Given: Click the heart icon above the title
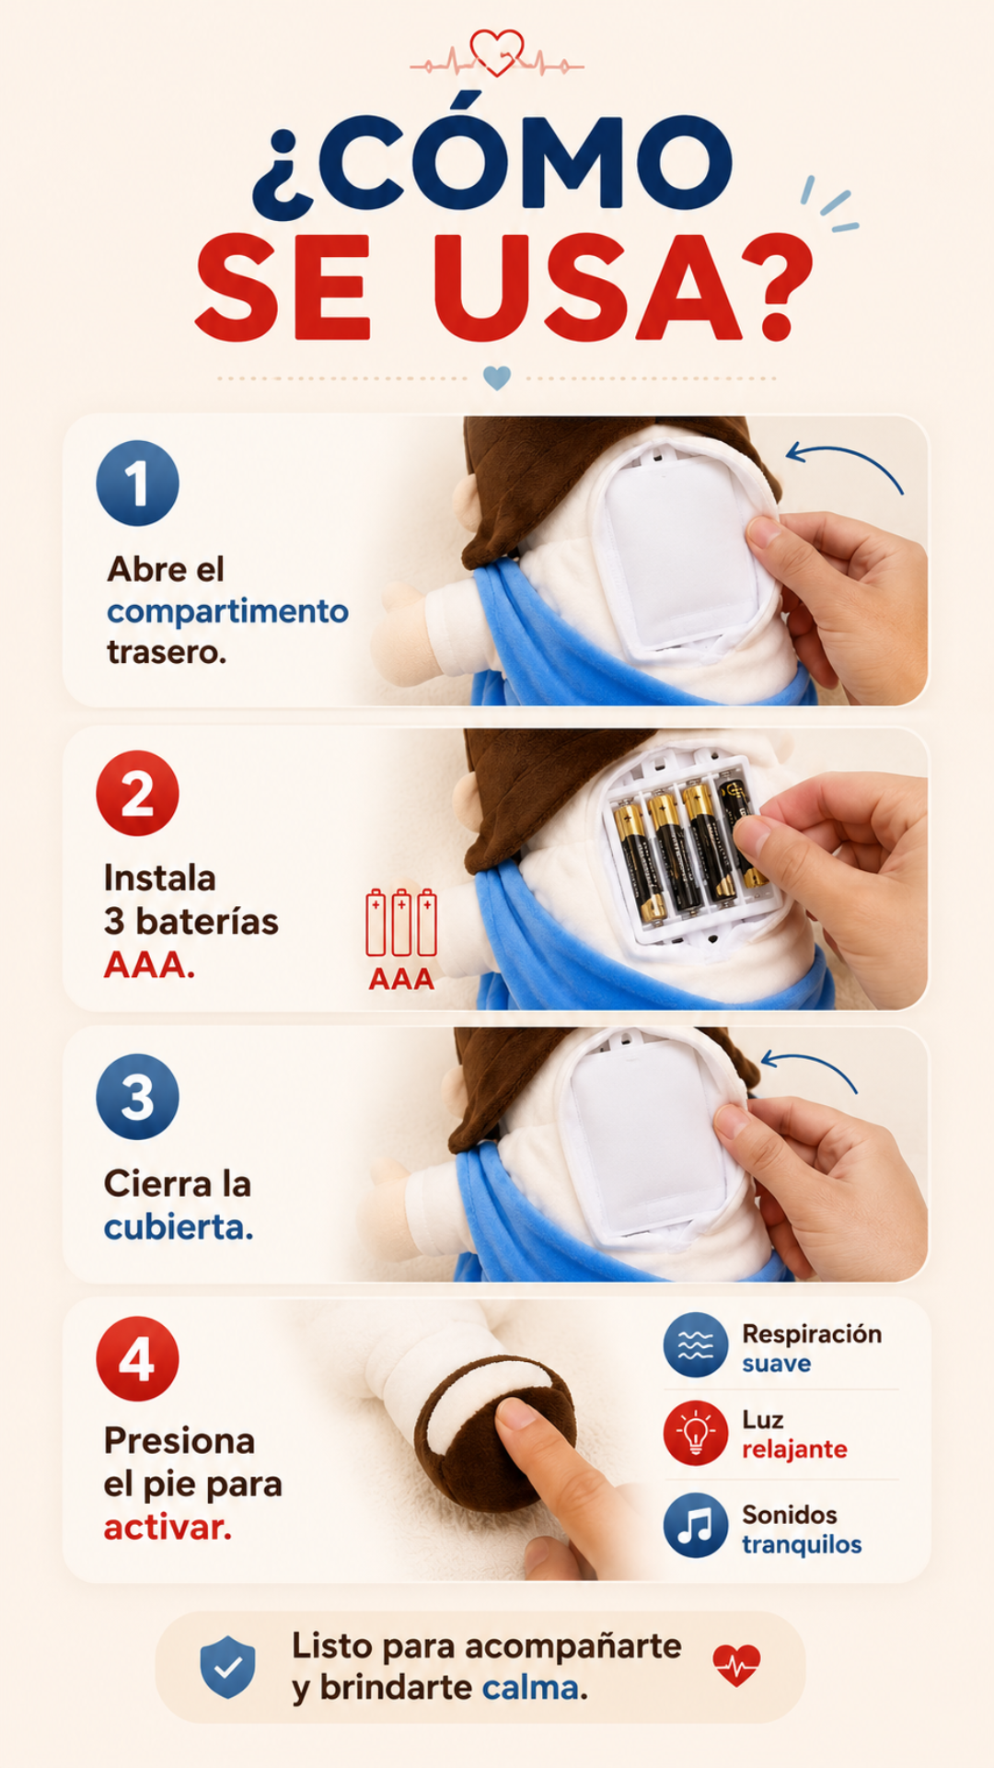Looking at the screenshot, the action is (x=497, y=52).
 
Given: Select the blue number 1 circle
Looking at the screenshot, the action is (x=137, y=483).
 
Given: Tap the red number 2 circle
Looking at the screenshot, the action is (x=137, y=794).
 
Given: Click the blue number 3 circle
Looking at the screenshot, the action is (x=137, y=1097).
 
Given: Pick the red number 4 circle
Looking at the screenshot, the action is (x=137, y=1359).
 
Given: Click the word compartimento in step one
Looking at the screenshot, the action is (x=227, y=611).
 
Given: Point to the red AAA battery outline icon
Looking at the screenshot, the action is (x=401, y=923).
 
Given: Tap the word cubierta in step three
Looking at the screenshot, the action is (x=178, y=1227).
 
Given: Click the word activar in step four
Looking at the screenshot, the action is (x=167, y=1527).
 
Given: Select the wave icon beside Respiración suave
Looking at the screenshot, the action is (x=696, y=1345).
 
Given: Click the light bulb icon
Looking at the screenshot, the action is (x=696, y=1433).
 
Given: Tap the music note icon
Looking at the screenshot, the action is (x=696, y=1525).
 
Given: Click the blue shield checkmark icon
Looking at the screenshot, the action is (x=228, y=1667).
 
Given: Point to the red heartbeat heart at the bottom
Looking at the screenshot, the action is (x=737, y=1665).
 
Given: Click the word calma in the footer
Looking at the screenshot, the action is (x=531, y=1688).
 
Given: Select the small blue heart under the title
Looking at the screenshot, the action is (x=497, y=378).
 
